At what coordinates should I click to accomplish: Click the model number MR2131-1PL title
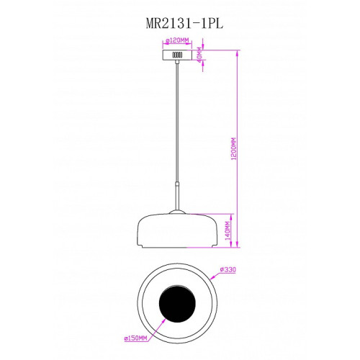pos(184,24)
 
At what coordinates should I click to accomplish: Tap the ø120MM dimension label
pos(178,40)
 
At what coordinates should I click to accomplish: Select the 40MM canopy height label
pos(199,55)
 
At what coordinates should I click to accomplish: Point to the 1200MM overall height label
pos(234,149)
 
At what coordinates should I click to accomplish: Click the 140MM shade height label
pos(228,230)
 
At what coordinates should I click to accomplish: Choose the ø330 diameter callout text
pos(228,270)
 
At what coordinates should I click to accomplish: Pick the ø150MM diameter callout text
pos(135,338)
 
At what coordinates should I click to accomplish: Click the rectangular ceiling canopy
pos(177,55)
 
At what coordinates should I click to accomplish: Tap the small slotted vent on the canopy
pos(177,55)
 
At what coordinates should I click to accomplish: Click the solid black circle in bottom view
pos(177,303)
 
